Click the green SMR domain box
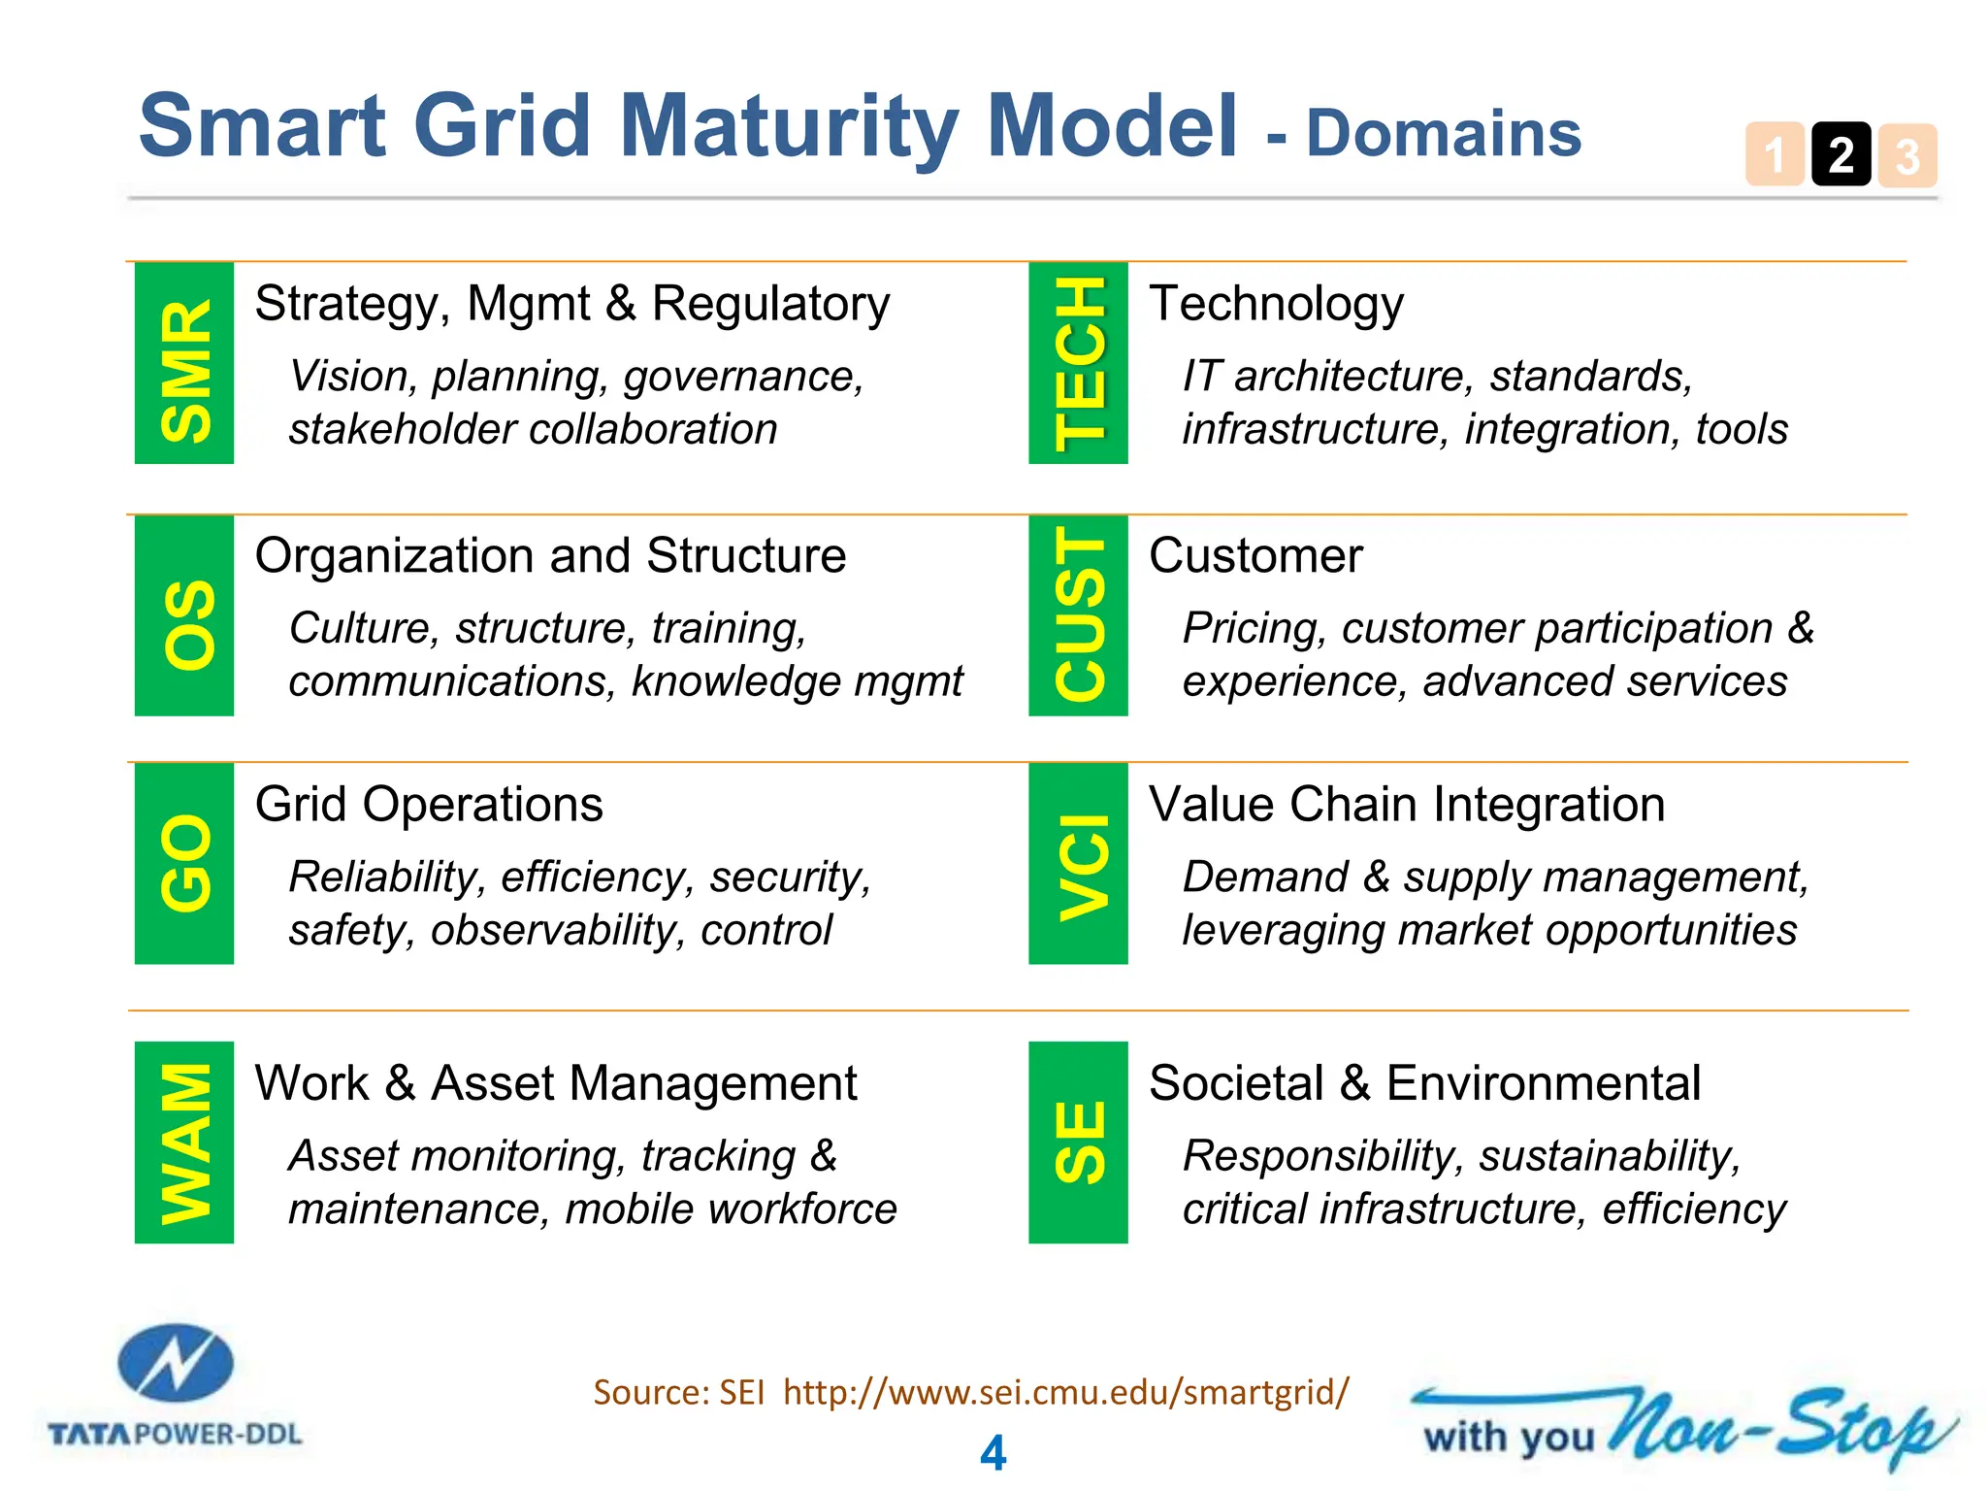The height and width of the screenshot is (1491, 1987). click(x=184, y=363)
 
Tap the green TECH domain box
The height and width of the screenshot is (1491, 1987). click(x=1078, y=363)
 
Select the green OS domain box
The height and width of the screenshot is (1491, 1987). click(x=184, y=615)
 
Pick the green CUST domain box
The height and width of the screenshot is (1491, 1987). click(x=1078, y=615)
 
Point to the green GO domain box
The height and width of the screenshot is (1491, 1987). click(x=184, y=863)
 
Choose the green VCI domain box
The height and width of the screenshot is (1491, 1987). click(x=1078, y=863)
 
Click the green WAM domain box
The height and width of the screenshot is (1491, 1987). click(x=184, y=1143)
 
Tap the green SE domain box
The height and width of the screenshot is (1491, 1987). click(x=1078, y=1143)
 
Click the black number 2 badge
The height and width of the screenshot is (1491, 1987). click(x=1840, y=155)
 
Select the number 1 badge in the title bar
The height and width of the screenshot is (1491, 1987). click(x=1775, y=155)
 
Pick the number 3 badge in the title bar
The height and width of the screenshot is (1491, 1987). click(x=1907, y=155)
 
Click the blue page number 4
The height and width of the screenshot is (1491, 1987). click(x=993, y=1453)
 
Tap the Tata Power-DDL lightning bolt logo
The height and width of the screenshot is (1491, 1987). click(x=176, y=1364)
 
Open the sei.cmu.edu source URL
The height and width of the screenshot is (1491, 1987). click(x=1065, y=1392)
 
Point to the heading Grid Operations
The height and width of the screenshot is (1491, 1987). click(x=428, y=805)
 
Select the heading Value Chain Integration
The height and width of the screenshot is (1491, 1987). click(x=1406, y=805)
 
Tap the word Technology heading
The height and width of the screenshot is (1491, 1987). click(x=1276, y=304)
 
